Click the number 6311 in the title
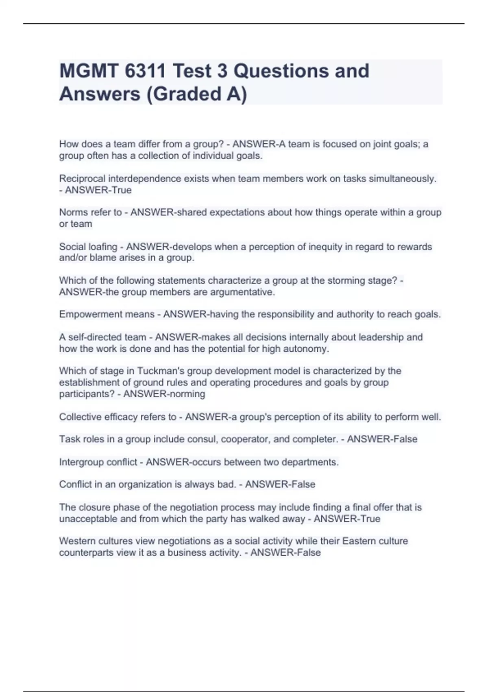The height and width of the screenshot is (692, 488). [145, 71]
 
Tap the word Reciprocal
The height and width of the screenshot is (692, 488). [82, 179]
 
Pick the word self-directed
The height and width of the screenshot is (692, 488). [94, 337]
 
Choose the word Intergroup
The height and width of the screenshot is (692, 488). [81, 462]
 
